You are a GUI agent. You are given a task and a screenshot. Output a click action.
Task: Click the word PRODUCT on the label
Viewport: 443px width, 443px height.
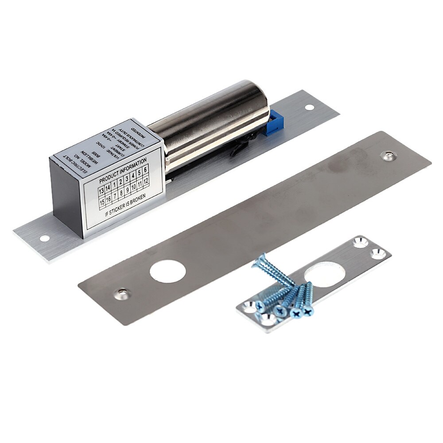109,180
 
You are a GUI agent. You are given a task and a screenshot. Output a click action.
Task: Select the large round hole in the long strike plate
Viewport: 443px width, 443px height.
167,272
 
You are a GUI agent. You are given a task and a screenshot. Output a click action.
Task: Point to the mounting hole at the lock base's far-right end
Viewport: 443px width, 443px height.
309,107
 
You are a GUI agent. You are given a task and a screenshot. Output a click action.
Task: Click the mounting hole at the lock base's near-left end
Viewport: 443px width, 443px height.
44,238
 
